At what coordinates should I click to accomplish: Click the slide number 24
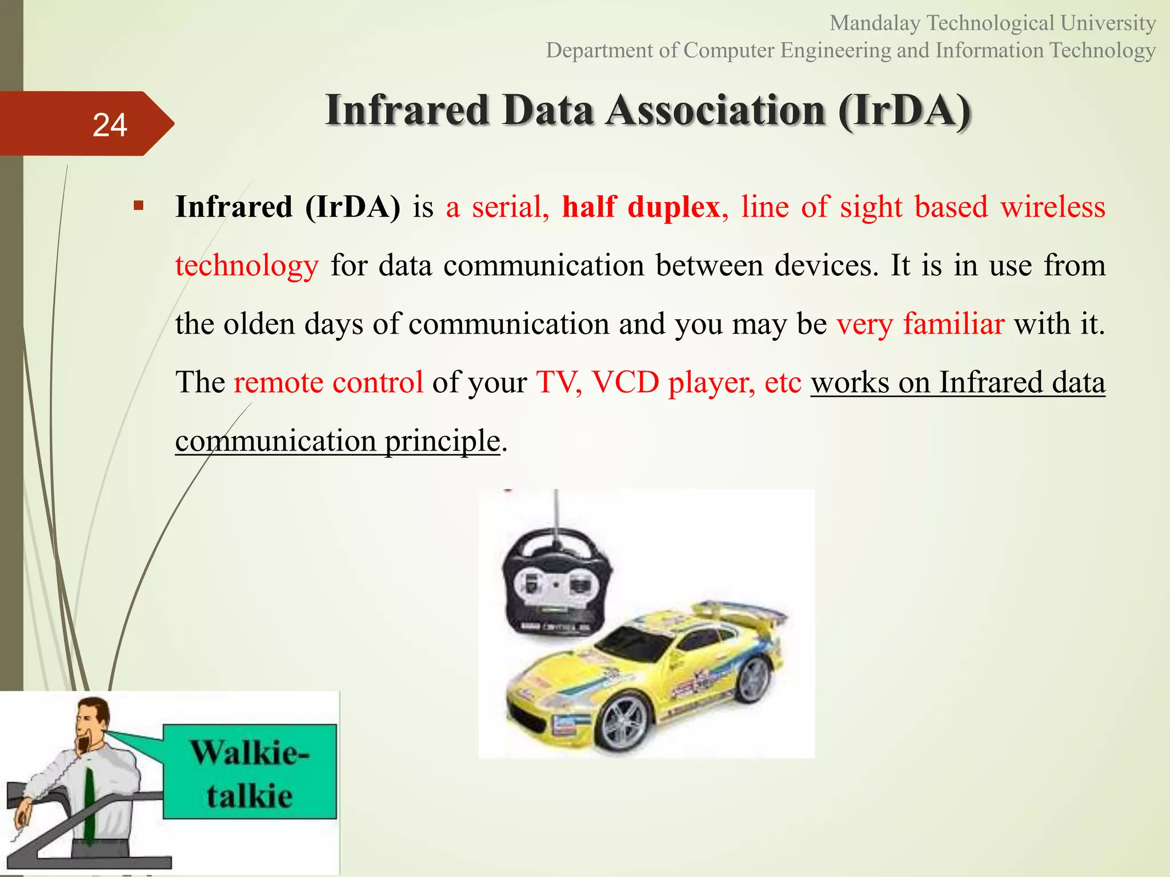click(x=109, y=125)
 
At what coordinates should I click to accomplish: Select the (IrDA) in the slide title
click(x=905, y=110)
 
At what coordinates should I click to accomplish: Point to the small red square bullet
click(x=138, y=206)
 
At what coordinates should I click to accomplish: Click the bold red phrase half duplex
click(x=640, y=207)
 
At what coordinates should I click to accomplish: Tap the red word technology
click(x=247, y=266)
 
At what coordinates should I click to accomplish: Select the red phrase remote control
click(x=328, y=382)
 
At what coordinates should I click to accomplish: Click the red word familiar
click(x=953, y=324)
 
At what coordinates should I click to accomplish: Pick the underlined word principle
click(x=442, y=441)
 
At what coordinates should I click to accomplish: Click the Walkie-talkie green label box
click(x=250, y=772)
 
